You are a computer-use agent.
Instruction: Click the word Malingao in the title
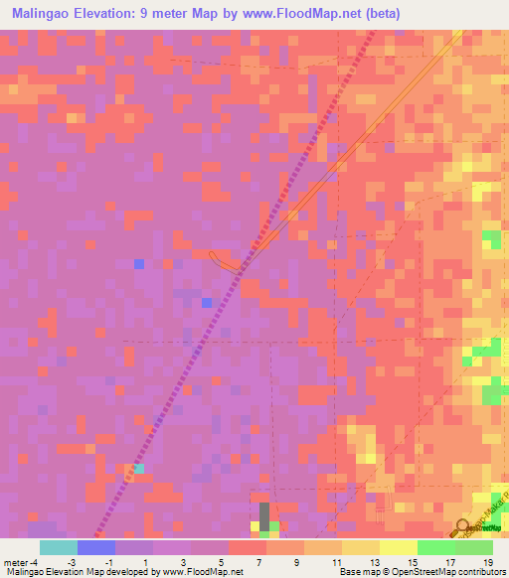click(x=44, y=13)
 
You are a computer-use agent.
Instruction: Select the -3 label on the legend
click(x=72, y=562)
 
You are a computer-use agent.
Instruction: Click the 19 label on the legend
click(x=487, y=562)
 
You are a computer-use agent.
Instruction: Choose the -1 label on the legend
click(x=109, y=562)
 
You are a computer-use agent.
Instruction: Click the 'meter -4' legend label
click(x=21, y=562)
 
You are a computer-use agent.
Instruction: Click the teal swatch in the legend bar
click(x=59, y=547)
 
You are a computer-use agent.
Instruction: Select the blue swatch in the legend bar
click(x=96, y=547)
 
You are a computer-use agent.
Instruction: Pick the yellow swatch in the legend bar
click(x=399, y=547)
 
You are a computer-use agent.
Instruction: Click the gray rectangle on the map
click(x=264, y=514)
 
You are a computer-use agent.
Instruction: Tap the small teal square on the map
click(x=139, y=468)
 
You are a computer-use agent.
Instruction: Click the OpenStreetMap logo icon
click(x=463, y=529)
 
